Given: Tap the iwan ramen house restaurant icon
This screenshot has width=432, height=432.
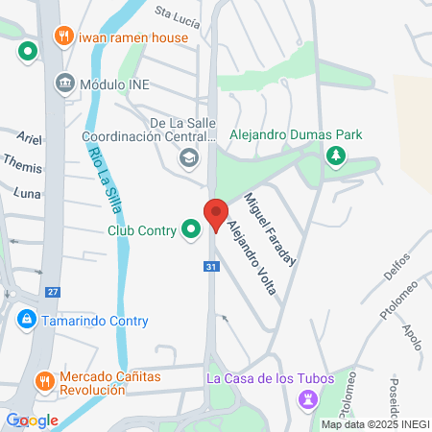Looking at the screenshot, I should coord(64,36).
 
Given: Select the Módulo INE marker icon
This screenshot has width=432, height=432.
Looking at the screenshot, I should coord(64,83).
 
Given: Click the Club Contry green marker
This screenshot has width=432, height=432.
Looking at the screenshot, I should coord(191,228).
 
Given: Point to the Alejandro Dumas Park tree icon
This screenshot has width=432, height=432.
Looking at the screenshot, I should coord(335,156).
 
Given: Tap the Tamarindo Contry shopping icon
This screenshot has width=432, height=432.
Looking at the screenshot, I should coord(25,318).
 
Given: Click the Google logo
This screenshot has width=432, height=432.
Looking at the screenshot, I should coord(33,420).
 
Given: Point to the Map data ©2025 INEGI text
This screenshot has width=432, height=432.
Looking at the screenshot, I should coord(374,424).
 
